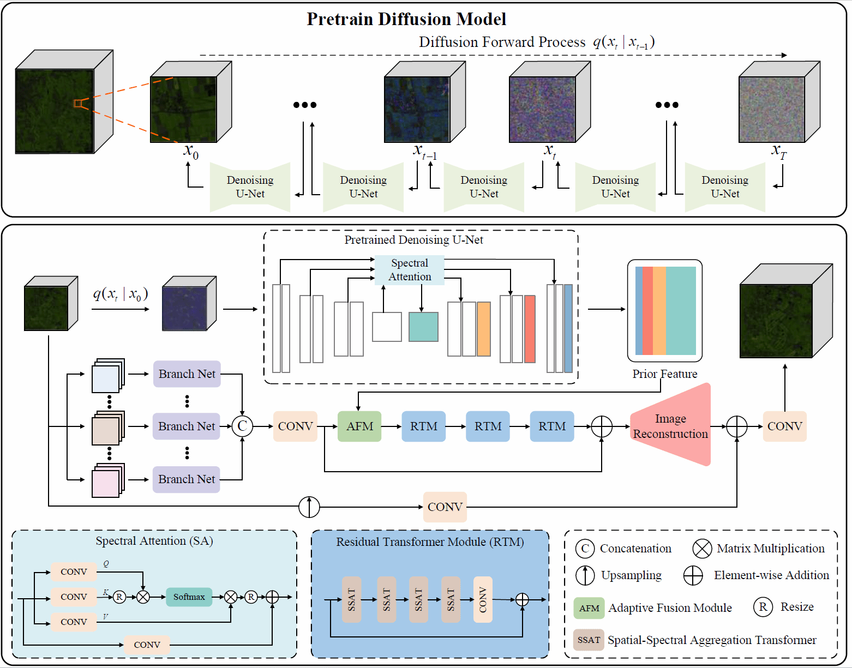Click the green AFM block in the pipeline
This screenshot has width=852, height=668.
[359, 426]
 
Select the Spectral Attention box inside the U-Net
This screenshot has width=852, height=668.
[409, 270]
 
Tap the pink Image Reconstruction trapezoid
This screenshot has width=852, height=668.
[670, 426]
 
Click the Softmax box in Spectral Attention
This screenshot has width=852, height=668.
[189, 597]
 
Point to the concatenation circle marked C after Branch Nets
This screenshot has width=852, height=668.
[242, 426]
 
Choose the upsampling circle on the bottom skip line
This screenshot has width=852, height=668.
[309, 507]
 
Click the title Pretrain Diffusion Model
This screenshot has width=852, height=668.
[406, 19]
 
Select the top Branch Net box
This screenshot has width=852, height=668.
[187, 374]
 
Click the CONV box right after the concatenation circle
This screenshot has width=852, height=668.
[295, 426]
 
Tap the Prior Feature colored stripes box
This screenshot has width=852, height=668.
[665, 310]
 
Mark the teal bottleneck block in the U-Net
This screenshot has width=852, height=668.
[423, 327]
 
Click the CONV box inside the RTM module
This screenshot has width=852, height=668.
[483, 599]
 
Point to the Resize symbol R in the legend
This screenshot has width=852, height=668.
[763, 607]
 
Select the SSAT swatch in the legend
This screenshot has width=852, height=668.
[589, 640]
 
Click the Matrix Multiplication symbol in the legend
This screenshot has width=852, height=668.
[702, 549]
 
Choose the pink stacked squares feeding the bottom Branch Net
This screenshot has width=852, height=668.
[106, 483]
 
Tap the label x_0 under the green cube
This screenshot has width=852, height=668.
[191, 151]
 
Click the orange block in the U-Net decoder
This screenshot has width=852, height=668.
[483, 329]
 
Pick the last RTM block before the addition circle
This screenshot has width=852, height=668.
[551, 426]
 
